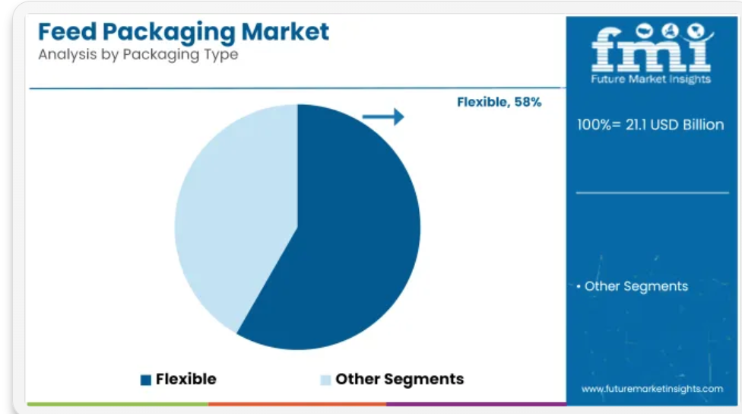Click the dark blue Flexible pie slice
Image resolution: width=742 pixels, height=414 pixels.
pyautogui.click(x=341, y=237)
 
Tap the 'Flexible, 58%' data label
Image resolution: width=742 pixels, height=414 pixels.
pyautogui.click(x=499, y=102)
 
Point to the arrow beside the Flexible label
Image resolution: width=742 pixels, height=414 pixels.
pyautogui.click(x=383, y=116)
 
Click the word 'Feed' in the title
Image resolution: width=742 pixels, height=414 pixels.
pyautogui.click(x=67, y=32)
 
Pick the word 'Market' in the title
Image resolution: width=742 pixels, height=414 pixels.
pyautogui.click(x=285, y=32)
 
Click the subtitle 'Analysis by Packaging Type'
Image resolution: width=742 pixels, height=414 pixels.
pyautogui.click(x=138, y=55)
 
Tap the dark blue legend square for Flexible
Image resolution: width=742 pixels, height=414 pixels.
pyautogui.click(x=146, y=380)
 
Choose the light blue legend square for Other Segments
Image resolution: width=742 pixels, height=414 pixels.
pyautogui.click(x=325, y=380)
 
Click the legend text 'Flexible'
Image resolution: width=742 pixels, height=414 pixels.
pyautogui.click(x=186, y=379)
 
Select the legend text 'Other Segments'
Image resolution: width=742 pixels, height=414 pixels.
pyautogui.click(x=400, y=380)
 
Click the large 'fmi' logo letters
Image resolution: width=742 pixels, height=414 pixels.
pyautogui.click(x=652, y=47)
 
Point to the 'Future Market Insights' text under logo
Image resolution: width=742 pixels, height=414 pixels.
pyautogui.click(x=651, y=79)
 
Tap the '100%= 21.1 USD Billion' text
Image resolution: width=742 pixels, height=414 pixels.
pyautogui.click(x=650, y=125)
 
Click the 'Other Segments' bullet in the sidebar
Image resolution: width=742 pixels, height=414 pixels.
pyautogui.click(x=633, y=287)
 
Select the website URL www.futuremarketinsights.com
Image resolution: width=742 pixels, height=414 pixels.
pyautogui.click(x=652, y=389)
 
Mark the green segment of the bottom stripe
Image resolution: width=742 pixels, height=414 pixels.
pyautogui.click(x=118, y=404)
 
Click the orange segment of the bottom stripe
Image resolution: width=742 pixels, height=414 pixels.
pyautogui.click(x=298, y=404)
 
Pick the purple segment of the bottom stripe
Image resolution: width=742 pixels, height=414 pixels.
pyautogui.click(x=476, y=404)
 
